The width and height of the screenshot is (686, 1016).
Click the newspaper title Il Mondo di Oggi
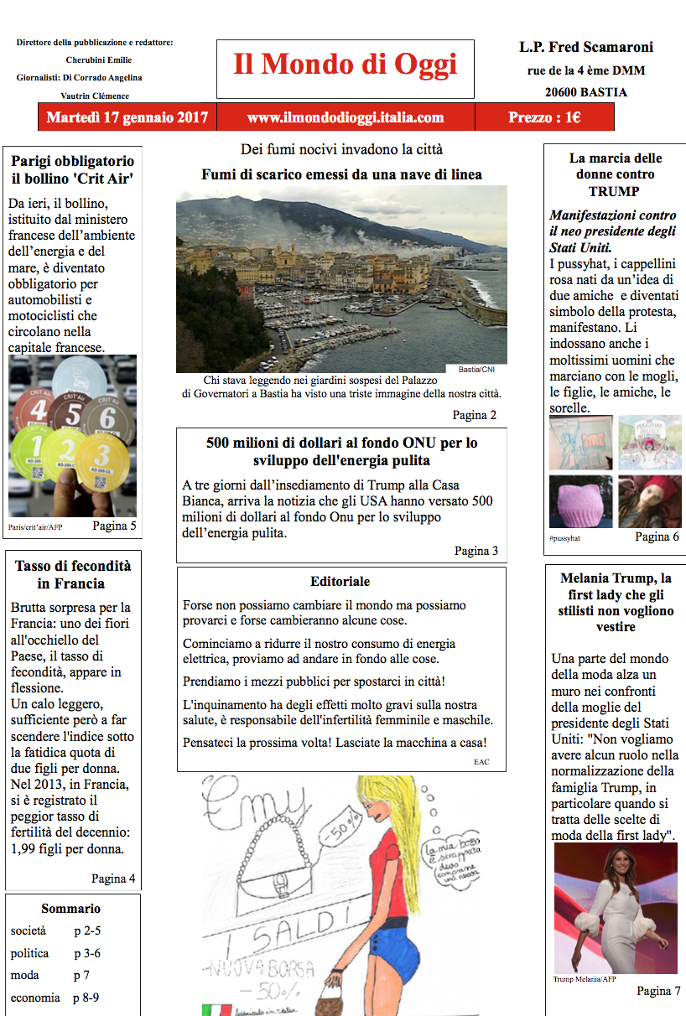345,65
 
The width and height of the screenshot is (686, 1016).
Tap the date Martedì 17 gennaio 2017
127,117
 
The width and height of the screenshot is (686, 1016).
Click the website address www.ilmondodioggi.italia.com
346,117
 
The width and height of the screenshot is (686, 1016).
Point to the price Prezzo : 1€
544,117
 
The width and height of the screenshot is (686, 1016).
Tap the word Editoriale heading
340,582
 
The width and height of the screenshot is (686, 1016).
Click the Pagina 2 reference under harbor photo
474,415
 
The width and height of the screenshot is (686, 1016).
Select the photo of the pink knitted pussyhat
579,502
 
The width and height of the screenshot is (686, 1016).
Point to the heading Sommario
71,909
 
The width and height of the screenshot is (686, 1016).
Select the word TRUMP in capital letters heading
614,191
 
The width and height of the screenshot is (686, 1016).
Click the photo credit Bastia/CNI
477,369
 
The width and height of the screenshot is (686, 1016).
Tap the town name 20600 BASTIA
585,93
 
